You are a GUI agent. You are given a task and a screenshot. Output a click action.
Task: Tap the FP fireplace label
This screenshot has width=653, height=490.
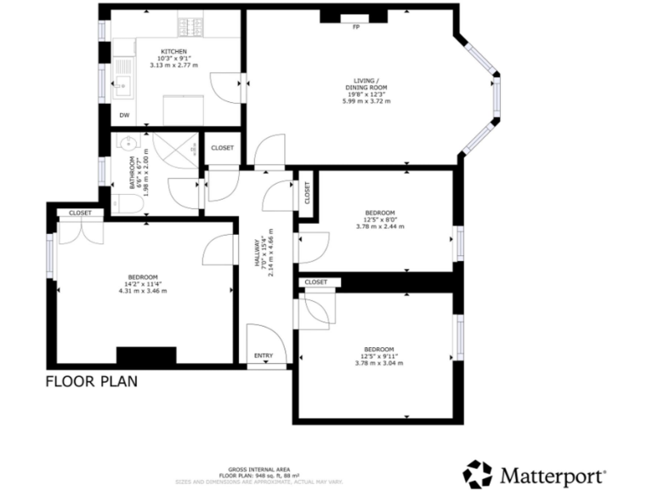click(x=355, y=26)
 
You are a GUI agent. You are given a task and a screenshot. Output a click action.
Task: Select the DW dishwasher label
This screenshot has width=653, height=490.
click(x=124, y=115)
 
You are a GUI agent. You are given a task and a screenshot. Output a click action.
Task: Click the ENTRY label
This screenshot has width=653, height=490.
click(x=264, y=356)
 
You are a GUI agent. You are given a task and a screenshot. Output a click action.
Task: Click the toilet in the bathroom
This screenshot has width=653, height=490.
click(x=128, y=202)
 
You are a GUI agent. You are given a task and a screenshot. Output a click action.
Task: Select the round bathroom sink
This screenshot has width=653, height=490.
click(x=128, y=143)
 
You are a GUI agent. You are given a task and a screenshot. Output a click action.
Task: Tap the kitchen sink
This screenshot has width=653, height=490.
click(x=124, y=83)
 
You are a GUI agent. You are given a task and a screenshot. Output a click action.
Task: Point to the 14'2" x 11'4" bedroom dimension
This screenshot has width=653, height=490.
click(x=143, y=284)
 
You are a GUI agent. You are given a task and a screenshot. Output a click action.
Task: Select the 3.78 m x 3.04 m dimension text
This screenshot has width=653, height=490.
click(x=379, y=363)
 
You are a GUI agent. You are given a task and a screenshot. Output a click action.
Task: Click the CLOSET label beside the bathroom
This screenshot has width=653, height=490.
click(x=223, y=148)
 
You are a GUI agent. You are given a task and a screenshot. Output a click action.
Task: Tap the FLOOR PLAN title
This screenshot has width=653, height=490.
click(x=91, y=382)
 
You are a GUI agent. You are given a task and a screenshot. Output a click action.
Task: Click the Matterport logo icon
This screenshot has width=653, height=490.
click(x=478, y=473)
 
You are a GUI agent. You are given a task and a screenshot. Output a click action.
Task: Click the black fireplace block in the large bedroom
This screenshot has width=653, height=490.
click(x=146, y=356)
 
